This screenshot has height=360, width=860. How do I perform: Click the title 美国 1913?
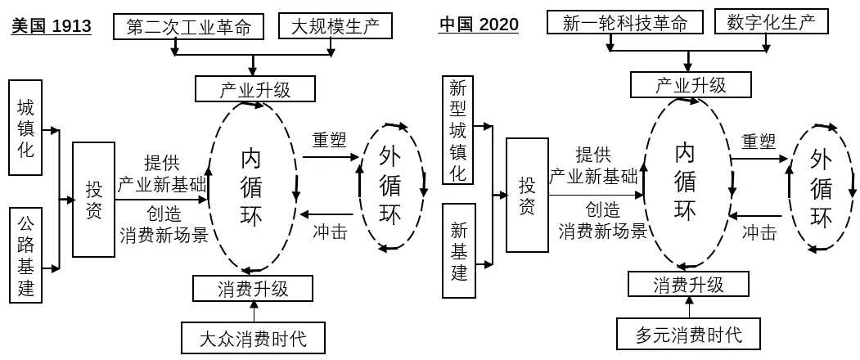[51, 26]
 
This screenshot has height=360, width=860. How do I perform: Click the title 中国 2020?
[478, 25]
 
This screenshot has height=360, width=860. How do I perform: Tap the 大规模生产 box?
[336, 26]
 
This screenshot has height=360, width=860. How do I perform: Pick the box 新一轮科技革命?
[625, 23]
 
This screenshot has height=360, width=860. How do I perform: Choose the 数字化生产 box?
[771, 22]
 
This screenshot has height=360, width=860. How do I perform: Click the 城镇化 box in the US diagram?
[26, 127]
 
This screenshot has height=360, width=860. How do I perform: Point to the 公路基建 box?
[26, 254]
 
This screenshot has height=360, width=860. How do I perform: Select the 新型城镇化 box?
[458, 130]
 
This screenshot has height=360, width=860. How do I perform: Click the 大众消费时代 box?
[254, 337]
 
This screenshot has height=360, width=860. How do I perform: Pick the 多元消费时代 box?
[688, 334]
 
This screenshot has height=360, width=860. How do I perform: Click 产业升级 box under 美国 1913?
[254, 88]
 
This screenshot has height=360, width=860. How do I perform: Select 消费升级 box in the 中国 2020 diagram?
[688, 284]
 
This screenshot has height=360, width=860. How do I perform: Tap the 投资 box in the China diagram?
[527, 195]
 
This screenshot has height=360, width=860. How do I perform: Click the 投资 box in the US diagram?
[94, 199]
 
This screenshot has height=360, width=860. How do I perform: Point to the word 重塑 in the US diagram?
[329, 139]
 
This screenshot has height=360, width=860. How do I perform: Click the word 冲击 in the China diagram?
[759, 232]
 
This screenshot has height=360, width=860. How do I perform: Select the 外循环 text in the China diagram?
[821, 188]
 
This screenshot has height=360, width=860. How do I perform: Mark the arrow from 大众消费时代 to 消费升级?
[254, 312]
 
